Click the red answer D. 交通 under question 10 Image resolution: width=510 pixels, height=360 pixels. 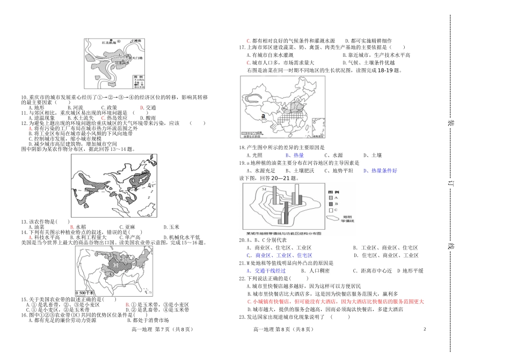147,107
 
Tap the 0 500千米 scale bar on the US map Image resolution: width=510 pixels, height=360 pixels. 85,292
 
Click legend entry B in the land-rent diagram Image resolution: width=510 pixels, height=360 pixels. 331,203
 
